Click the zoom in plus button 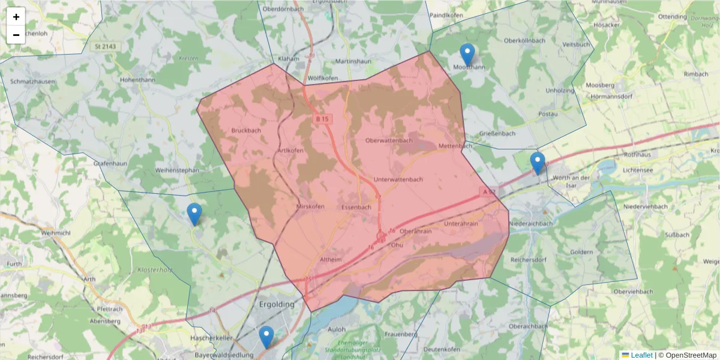click(16, 17)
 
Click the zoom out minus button click(16, 35)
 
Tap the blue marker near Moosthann click(467, 55)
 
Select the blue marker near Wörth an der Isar click(538, 163)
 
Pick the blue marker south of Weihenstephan click(194, 214)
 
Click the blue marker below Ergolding click(266, 337)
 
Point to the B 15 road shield click(323, 119)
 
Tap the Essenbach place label click(356, 207)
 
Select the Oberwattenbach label click(389, 140)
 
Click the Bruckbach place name click(246, 130)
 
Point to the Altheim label click(331, 260)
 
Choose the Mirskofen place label click(310, 207)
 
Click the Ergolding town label click(277, 304)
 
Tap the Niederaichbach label click(531, 224)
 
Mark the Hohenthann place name click(137, 80)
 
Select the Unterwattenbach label click(398, 179)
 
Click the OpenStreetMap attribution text click(687, 355)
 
